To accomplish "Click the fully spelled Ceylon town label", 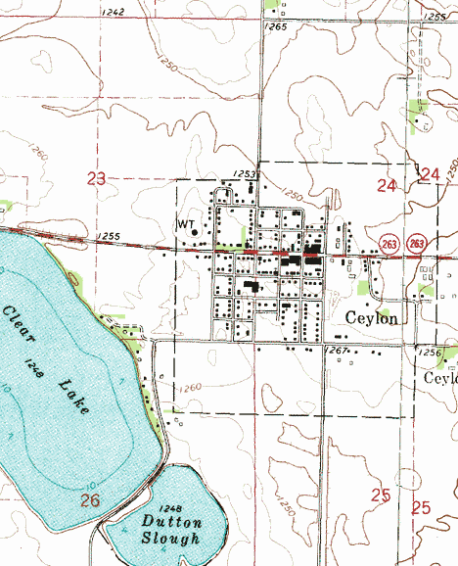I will pyautogui.click(x=372, y=318).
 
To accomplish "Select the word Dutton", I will pyautogui.click(x=171, y=523).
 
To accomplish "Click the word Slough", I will pyautogui.click(x=171, y=540).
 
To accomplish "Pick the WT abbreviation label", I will pyautogui.click(x=185, y=224).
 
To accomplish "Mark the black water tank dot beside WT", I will pyautogui.click(x=195, y=232).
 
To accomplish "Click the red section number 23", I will pyautogui.click(x=96, y=178).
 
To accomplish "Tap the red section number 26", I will pyautogui.click(x=91, y=500).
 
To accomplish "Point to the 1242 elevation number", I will pyautogui.click(x=113, y=12).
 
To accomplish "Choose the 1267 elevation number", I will pyautogui.click(x=338, y=351).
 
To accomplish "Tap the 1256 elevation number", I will pyautogui.click(x=430, y=352).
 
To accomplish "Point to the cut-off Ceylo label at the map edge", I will pyautogui.click(x=441, y=377).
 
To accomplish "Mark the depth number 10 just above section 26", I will pyautogui.click(x=91, y=485).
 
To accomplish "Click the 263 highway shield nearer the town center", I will pyautogui.click(x=389, y=242).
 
